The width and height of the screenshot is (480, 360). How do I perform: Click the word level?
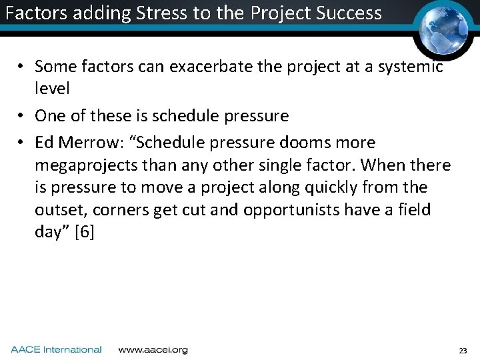coord(52,88)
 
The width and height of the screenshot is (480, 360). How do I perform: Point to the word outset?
coord(59,210)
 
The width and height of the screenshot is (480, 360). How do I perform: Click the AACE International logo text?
coord(56,349)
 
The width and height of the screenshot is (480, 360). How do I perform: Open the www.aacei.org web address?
coord(153,349)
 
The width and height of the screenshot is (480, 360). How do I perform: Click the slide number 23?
coord(463,350)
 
